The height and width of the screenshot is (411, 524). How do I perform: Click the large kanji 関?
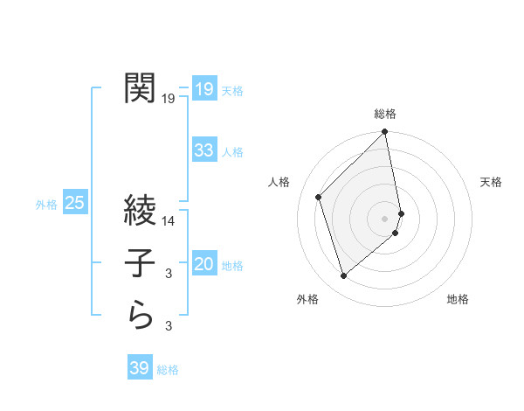click(x=141, y=87)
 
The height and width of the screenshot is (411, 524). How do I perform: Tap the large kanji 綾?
click(x=141, y=211)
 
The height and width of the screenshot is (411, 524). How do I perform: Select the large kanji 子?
click(x=141, y=262)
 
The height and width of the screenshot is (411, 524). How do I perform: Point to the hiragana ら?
click(x=141, y=315)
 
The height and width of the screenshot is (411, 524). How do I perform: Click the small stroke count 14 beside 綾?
click(x=169, y=222)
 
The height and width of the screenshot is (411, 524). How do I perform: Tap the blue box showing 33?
click(x=203, y=150)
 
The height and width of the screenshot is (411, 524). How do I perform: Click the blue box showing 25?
click(x=75, y=204)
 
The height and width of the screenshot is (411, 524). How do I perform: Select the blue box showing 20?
click(x=203, y=264)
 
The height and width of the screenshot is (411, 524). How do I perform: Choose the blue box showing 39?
click(x=139, y=368)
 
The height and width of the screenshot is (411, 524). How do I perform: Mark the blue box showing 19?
click(x=203, y=88)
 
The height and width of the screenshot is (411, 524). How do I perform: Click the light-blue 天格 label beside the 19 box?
click(x=232, y=90)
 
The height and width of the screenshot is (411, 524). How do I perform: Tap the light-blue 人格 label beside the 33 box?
click(x=232, y=152)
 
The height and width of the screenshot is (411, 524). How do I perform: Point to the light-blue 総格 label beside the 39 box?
click(x=168, y=370)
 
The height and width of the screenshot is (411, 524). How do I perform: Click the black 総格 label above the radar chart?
click(x=385, y=114)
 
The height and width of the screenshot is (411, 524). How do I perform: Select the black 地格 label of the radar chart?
click(x=458, y=299)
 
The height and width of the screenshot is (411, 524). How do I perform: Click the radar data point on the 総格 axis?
click(x=385, y=133)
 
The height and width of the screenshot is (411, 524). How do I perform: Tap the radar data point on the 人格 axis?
click(x=319, y=197)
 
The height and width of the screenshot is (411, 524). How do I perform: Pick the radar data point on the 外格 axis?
click(x=344, y=276)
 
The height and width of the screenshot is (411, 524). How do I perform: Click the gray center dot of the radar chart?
click(x=385, y=218)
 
